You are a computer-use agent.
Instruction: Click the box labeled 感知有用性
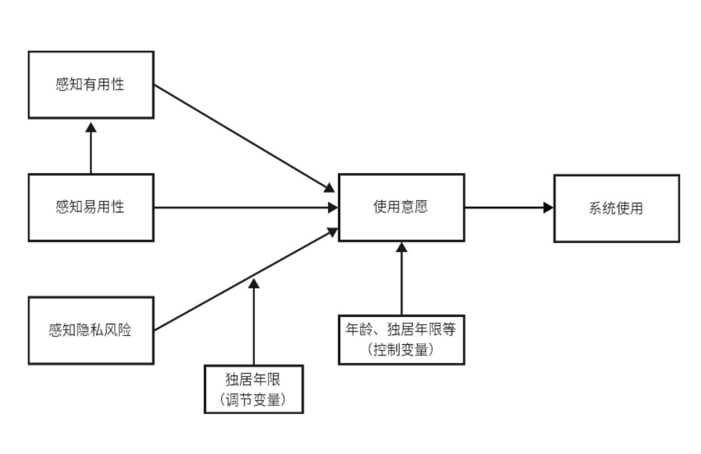[91, 85]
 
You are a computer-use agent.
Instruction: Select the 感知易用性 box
[91, 207]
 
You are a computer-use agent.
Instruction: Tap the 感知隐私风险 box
[91, 330]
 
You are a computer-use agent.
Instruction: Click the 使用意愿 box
[401, 207]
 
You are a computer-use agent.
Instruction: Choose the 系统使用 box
[616, 208]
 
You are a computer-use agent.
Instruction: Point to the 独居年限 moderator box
[254, 389]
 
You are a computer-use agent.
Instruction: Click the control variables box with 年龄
[401, 339]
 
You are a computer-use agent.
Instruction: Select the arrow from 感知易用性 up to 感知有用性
[91, 151]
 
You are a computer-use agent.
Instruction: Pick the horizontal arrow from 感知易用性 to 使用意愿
[243, 208]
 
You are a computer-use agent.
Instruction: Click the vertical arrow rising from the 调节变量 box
[254, 324]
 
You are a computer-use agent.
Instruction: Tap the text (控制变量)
[401, 349]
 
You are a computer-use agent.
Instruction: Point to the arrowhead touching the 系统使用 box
[548, 208]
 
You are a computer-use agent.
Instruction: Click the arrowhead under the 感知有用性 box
[91, 126]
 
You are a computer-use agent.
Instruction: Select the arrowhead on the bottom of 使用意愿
[401, 247]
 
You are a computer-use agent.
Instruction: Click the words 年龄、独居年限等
[401, 329]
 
